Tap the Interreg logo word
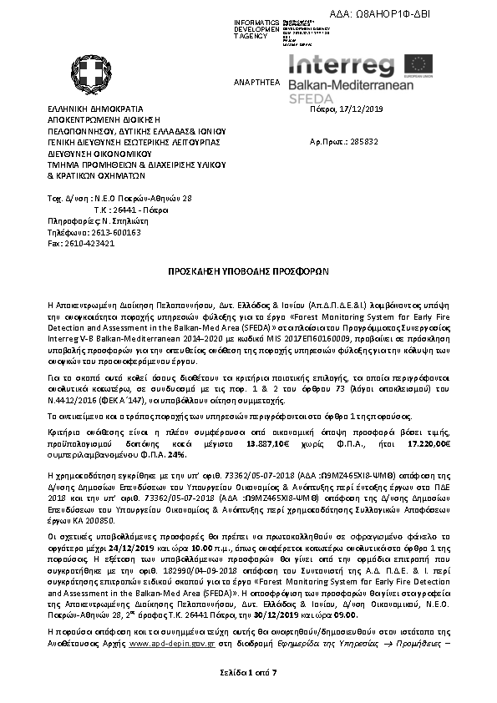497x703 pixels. point(342,64)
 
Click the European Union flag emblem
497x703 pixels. point(418,65)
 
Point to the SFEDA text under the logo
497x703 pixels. point(310,99)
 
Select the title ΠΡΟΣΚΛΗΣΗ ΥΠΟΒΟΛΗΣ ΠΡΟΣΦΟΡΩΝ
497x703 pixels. point(248,271)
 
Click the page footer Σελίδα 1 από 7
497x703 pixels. point(248,672)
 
